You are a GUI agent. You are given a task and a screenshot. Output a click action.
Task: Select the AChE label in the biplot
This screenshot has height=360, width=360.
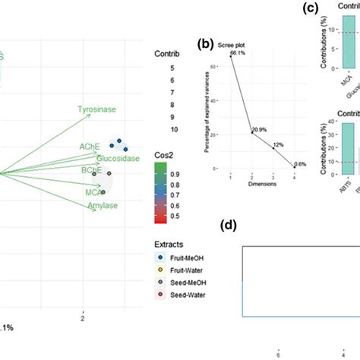(90, 144)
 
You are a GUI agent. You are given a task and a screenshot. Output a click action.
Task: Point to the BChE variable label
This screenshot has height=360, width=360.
(92, 171)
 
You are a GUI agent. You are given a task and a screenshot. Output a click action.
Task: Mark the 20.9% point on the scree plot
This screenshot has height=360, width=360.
(253, 133)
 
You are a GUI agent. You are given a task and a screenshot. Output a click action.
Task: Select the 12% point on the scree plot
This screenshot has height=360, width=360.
(274, 148)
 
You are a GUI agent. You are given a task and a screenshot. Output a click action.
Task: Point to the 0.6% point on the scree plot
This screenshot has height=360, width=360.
(295, 167)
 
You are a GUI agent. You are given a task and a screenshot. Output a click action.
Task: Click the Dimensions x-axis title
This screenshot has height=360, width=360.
(262, 184)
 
